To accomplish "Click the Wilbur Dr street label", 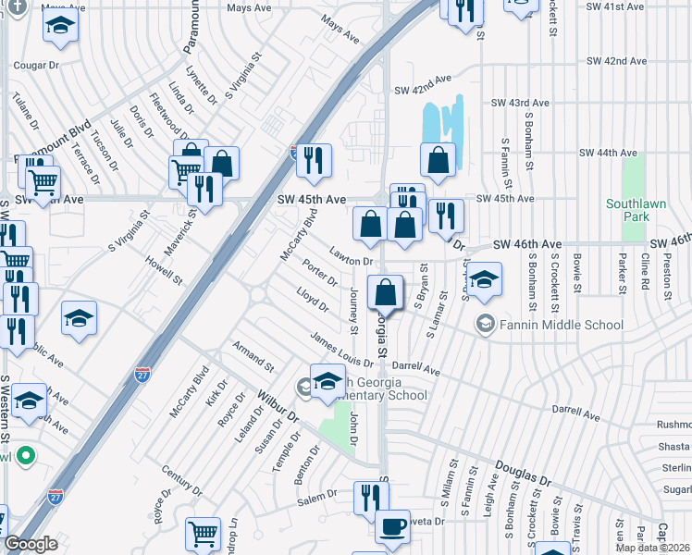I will click(280, 405).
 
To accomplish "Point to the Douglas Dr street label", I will click(522, 475).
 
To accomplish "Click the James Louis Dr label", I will click(341, 350).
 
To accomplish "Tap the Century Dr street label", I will click(180, 480).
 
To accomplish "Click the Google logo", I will click(31, 544).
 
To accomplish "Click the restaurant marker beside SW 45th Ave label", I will click(314, 161).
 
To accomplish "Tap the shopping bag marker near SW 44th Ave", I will click(438, 159).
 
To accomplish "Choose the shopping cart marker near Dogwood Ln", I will click(203, 534).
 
